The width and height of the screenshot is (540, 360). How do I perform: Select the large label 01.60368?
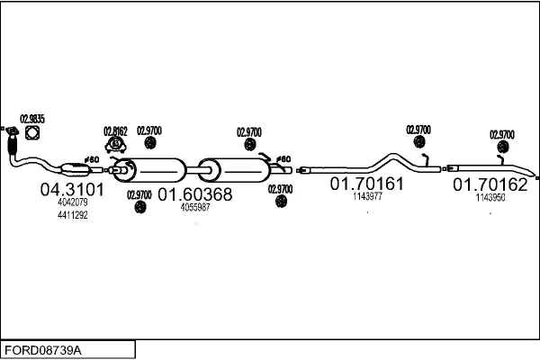(x=195, y=194)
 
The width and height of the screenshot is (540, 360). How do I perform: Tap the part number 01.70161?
(x=366, y=184)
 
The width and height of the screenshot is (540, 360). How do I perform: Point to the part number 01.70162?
(x=490, y=184)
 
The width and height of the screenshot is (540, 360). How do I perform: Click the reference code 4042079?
(x=72, y=202)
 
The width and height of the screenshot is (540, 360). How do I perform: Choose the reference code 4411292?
(x=72, y=215)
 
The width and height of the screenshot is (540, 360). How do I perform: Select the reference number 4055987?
(x=195, y=208)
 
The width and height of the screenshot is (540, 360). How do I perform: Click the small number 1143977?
(x=367, y=195)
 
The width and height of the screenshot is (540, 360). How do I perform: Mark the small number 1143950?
(x=490, y=197)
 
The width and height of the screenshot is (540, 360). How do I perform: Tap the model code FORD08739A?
(x=44, y=348)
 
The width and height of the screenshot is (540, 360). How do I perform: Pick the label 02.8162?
(x=116, y=130)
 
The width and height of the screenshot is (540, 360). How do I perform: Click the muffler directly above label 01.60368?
(x=157, y=170)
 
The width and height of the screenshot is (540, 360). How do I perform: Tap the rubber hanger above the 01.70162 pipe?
(x=502, y=147)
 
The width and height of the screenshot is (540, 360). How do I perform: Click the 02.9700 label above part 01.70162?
(x=502, y=134)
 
